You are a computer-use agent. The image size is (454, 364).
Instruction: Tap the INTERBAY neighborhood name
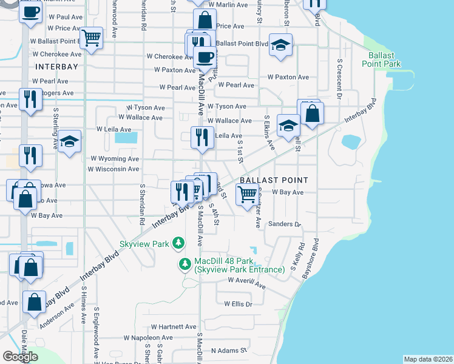click(x=56, y=67)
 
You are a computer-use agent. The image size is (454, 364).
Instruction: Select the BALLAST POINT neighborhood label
click(x=274, y=181)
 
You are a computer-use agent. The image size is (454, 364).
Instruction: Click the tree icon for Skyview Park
click(x=178, y=243)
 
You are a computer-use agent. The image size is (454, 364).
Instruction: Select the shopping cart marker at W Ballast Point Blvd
click(x=92, y=38)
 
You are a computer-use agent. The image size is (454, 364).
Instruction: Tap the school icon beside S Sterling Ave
click(x=70, y=142)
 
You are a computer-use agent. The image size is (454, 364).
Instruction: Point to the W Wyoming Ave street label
click(x=115, y=158)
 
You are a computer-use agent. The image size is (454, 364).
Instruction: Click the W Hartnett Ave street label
click(x=174, y=326)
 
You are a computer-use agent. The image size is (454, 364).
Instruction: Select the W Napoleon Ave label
click(x=148, y=337)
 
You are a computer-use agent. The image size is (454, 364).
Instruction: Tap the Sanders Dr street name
click(x=289, y=224)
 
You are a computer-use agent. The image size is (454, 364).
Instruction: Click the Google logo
click(x=20, y=357)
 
